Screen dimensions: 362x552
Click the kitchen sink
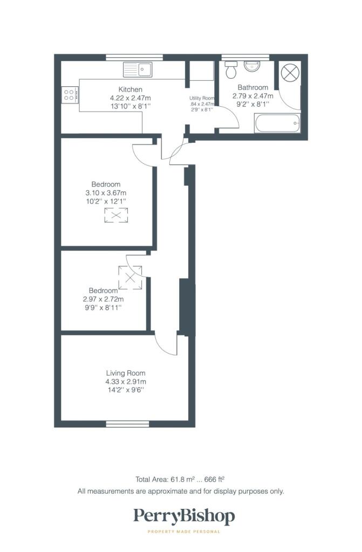138,70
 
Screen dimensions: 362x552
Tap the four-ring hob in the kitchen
70,95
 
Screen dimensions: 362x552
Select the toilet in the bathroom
231,70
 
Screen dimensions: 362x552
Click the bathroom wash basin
252,66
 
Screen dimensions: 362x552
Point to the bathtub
277,123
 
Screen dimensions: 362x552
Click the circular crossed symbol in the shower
290,73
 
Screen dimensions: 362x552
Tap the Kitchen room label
131,89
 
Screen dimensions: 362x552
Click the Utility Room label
202,98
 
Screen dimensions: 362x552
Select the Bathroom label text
252,87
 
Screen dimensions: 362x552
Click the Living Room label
126,373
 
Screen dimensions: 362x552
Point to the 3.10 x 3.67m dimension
106,193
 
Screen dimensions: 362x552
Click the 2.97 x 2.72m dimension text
103,299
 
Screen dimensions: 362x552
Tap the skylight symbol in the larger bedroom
116,216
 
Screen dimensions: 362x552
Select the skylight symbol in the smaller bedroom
130,278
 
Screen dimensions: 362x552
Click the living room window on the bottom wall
128,424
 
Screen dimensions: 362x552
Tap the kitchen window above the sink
134,58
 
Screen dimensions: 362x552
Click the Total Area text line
180,479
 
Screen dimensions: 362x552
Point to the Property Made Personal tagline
183,532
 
